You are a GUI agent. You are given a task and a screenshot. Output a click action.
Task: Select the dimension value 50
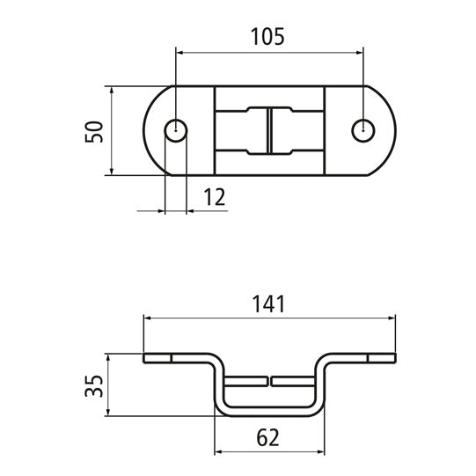(94, 131)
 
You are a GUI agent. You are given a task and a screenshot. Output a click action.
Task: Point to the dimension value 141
(268, 304)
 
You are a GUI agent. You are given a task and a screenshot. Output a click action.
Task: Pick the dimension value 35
(96, 385)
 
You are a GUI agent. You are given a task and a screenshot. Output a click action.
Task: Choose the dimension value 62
(268, 438)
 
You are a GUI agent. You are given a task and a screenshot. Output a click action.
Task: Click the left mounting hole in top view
(176, 130)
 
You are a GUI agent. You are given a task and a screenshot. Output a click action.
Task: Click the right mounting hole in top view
(362, 130)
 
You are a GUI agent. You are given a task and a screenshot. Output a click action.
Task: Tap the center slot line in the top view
(269, 131)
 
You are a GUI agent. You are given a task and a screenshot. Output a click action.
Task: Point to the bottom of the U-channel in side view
(269, 410)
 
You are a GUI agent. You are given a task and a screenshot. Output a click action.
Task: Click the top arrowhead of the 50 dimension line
(112, 91)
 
